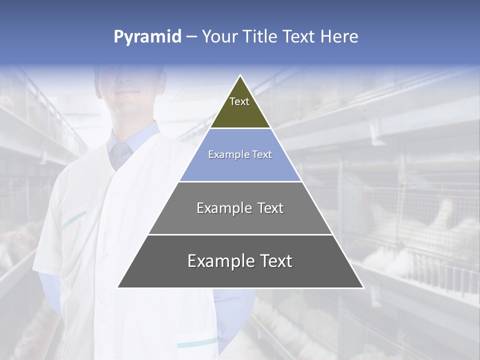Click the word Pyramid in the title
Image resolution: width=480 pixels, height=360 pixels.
click(147, 37)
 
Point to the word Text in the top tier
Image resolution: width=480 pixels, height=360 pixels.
click(239, 102)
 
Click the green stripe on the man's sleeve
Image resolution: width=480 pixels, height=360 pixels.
click(73, 220)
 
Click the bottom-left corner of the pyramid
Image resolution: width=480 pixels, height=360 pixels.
click(118, 287)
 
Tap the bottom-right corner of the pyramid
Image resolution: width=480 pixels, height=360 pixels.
click(363, 287)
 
